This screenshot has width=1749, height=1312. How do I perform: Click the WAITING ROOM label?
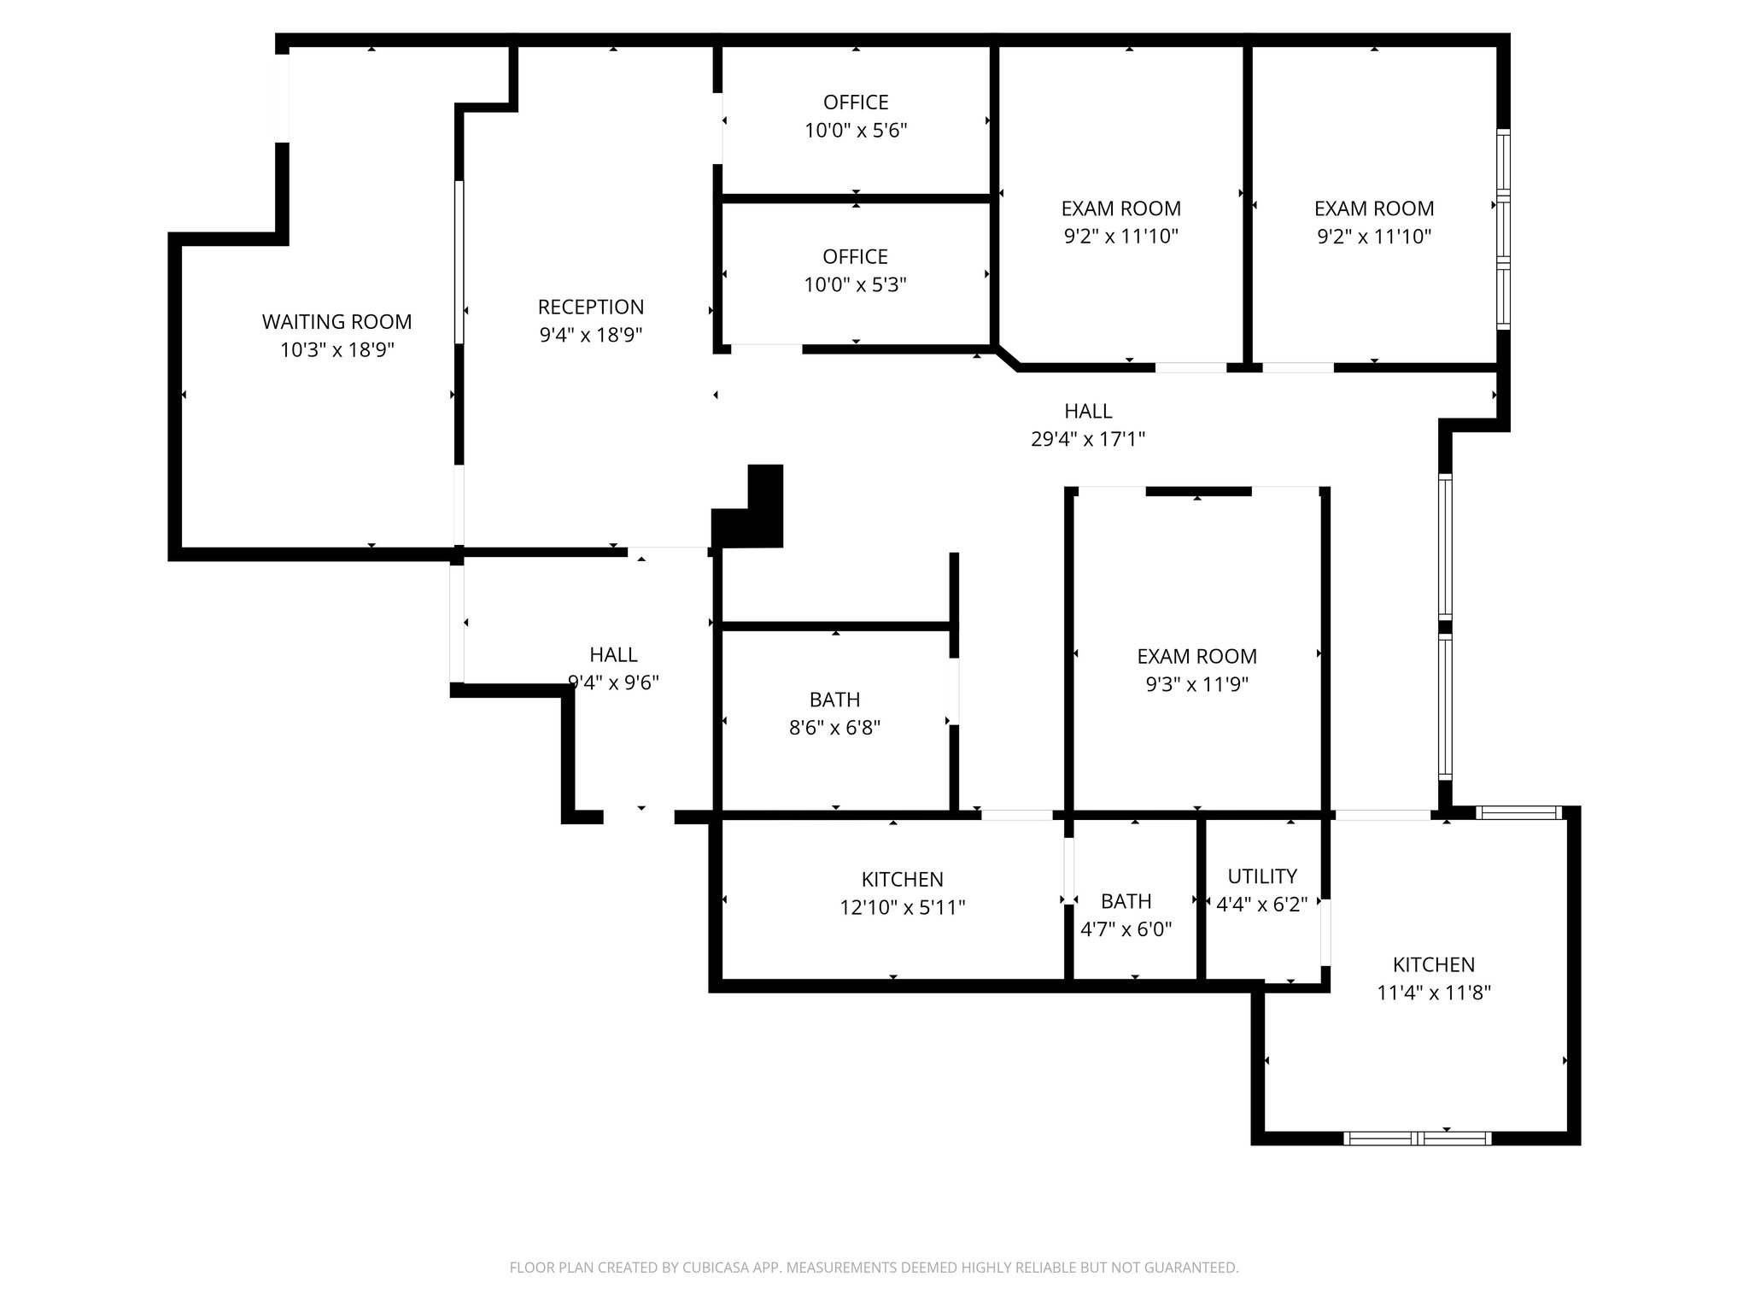pyautogui.click(x=336, y=322)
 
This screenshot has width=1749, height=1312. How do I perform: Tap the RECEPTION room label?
pyautogui.click(x=591, y=307)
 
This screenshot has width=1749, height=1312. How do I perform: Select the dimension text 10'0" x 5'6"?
pyautogui.click(x=856, y=131)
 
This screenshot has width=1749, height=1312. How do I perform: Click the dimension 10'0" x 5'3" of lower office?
pyautogui.click(x=855, y=284)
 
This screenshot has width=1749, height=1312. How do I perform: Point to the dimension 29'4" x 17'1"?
pyautogui.click(x=1088, y=439)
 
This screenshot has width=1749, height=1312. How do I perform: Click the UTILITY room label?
pyautogui.click(x=1262, y=876)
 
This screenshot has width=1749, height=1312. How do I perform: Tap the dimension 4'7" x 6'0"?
pyautogui.click(x=1126, y=929)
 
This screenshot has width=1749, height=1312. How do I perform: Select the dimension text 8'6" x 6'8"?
pyautogui.click(x=834, y=728)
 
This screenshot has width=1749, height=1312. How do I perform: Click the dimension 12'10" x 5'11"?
pyautogui.click(x=902, y=907)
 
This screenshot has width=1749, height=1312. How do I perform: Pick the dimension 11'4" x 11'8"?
pyautogui.click(x=1434, y=993)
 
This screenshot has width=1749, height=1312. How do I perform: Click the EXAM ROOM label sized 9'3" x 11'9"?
pyautogui.click(x=1196, y=656)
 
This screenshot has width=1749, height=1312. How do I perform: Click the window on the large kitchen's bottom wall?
pyautogui.click(x=1418, y=1138)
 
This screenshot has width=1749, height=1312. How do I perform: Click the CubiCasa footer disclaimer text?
pyautogui.click(x=874, y=1268)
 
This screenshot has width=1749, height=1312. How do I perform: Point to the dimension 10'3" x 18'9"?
pyautogui.click(x=336, y=350)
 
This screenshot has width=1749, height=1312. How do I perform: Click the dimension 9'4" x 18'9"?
pyautogui.click(x=591, y=335)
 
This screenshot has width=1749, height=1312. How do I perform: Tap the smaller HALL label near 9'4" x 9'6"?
pyautogui.click(x=613, y=654)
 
